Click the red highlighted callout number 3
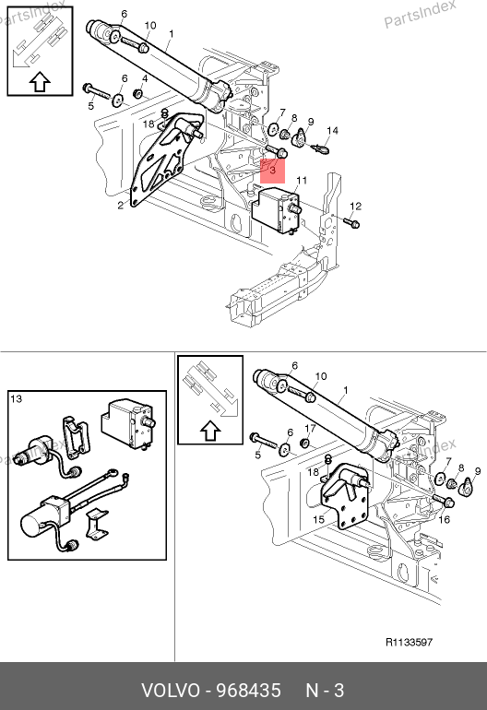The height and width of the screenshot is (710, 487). tap(273, 171)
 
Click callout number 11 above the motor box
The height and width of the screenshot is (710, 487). tap(302, 181)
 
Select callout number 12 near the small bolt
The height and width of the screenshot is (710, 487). tap(356, 207)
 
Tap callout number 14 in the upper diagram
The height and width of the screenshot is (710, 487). tap(332, 130)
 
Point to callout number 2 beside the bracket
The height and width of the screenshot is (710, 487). tap(120, 206)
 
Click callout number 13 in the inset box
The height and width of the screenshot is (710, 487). tap(16, 399)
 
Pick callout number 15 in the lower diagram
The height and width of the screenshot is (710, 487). tap(318, 519)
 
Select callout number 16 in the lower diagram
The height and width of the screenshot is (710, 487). tap(444, 519)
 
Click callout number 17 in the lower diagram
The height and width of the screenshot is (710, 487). tap(310, 429)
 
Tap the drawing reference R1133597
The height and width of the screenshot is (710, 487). tap(409, 642)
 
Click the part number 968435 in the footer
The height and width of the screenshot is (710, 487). tap(249, 691)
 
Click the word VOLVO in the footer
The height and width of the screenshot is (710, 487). tap(171, 691)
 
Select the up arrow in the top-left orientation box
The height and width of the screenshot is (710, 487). tap(40, 82)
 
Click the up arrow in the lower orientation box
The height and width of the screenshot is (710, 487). tap(210, 431)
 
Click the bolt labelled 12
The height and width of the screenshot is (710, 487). tap(351, 222)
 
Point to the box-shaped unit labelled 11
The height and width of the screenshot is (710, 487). tap(276, 208)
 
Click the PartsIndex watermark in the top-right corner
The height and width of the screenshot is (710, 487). tap(420, 14)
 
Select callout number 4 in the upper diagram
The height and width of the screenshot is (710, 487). tap(145, 78)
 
